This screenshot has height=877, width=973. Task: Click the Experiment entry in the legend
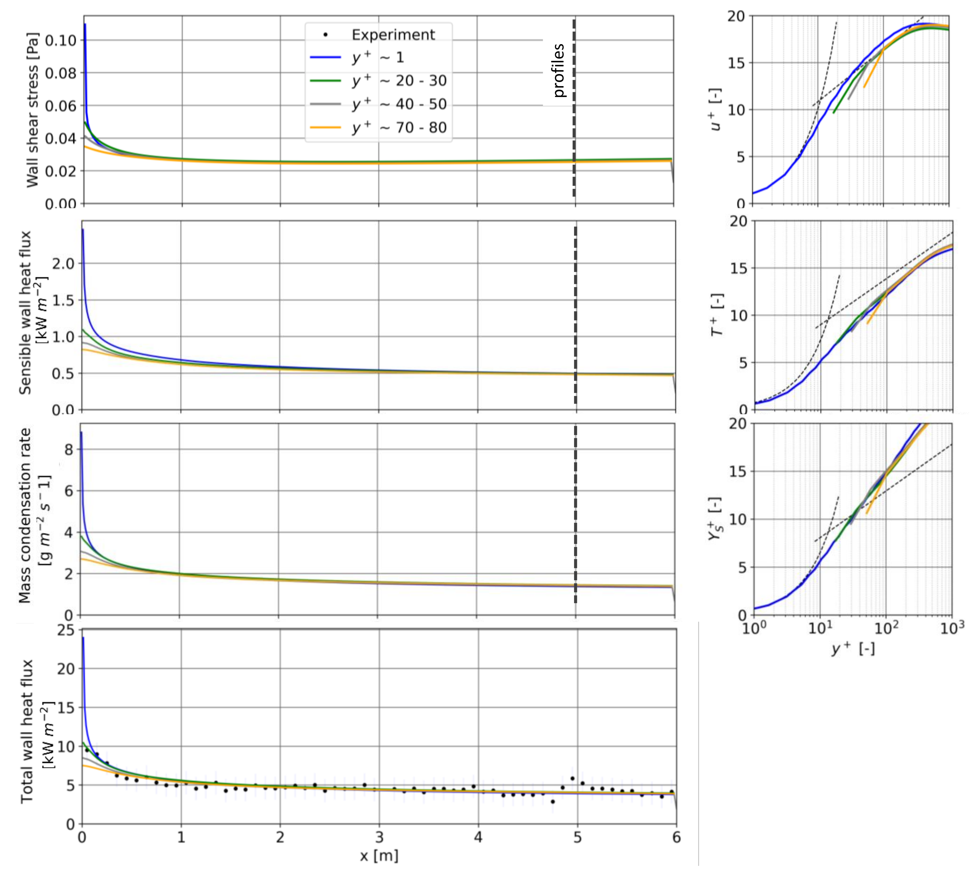coord(393,35)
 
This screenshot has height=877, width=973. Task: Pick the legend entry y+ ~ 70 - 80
coord(399,128)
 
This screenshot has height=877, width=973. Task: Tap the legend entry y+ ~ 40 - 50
coord(399,104)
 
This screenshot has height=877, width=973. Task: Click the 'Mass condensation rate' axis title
coord(25,516)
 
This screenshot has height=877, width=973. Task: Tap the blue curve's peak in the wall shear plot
coord(85,24)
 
